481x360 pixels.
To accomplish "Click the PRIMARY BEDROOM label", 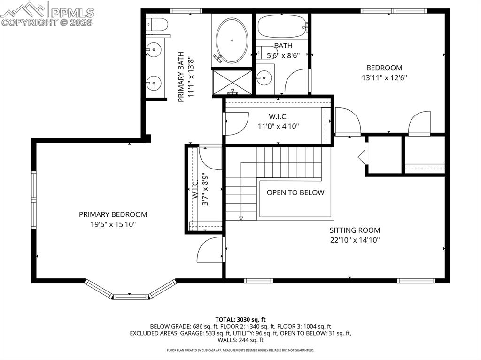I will pos(113,214).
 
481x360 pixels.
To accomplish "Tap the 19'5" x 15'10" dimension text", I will pos(113,224).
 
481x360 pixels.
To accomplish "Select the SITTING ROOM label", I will pos(354,230).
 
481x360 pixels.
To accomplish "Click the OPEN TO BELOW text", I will pos(295,192).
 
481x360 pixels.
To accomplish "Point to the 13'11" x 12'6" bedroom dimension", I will pos(384,77).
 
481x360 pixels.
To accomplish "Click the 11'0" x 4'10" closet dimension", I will pos(278,126).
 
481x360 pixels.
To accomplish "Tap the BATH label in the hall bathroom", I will pos(283,46).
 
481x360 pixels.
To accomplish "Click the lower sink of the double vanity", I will pos(153,83).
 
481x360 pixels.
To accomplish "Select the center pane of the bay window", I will pos(130,297).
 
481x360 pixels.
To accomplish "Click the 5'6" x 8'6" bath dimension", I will pos(283,55).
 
